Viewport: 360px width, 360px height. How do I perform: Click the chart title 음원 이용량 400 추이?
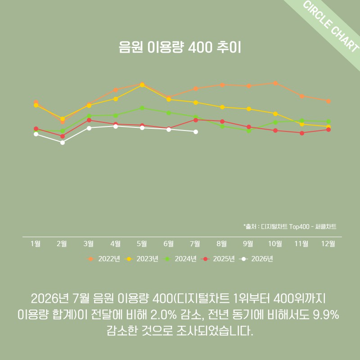point(180,47)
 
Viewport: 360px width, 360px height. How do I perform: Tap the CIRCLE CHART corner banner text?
point(331,27)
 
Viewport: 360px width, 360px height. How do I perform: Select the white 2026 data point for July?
point(196,132)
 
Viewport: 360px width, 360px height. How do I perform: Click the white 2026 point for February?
point(63,143)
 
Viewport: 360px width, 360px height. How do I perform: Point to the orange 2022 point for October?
point(275,83)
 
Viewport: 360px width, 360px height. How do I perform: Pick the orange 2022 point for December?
point(328,101)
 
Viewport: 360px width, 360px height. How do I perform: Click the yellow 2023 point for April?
point(116,99)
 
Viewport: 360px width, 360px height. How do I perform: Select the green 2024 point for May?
point(142,108)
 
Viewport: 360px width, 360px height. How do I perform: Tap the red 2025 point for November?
point(302,133)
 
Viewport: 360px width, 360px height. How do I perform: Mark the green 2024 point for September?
point(249,131)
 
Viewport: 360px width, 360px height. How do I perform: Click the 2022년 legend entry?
point(103,259)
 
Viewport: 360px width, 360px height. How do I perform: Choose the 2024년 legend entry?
point(180,259)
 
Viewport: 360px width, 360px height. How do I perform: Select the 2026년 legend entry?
point(256,259)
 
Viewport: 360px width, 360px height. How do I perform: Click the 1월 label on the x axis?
point(36,243)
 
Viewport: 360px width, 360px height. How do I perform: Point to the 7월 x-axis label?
point(195,243)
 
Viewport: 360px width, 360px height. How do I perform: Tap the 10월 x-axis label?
point(275,243)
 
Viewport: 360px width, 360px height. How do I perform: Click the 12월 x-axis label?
point(328,243)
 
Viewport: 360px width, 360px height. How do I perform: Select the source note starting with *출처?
point(290,227)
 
